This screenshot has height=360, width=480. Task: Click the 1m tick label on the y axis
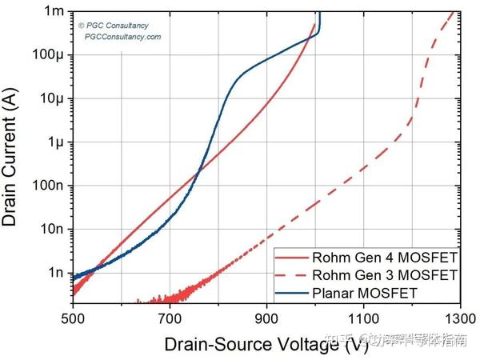pyautogui.click(x=54, y=11)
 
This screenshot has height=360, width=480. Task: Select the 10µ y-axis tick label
pyautogui.click(x=52, y=98)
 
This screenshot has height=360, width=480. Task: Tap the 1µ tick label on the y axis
pyautogui.click(x=55, y=142)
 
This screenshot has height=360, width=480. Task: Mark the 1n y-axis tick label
pyautogui.click(x=55, y=272)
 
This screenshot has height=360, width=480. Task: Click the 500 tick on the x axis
pyautogui.click(x=73, y=318)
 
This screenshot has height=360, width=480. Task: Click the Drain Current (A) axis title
pyautogui.click(x=13, y=156)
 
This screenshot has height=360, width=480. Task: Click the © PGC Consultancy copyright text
pyautogui.click(x=114, y=26)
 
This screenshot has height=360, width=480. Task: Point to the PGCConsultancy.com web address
pyautogui.click(x=122, y=37)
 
